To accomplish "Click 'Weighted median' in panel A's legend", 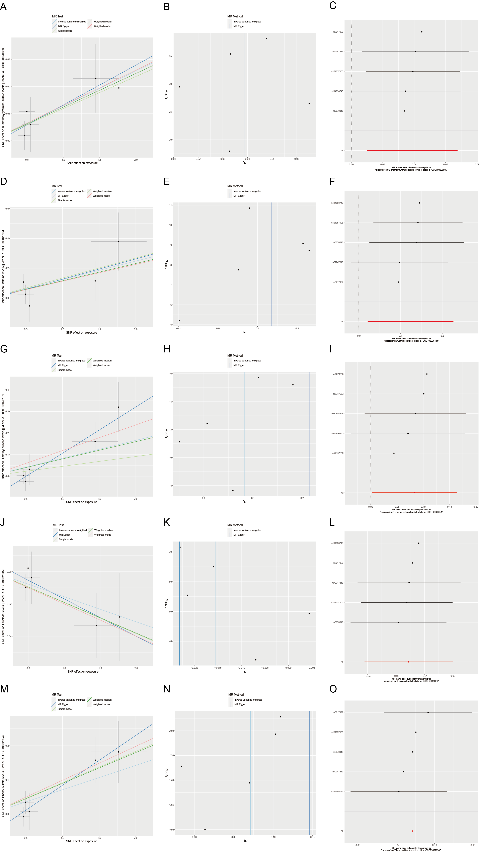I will click(x=103, y=21).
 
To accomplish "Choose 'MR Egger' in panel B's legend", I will click(x=239, y=26).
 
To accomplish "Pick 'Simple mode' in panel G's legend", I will click(x=64, y=370).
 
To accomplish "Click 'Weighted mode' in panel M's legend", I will click(x=101, y=704).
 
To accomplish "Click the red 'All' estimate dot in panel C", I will click(x=412, y=151).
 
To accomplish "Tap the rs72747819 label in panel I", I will click(x=338, y=453).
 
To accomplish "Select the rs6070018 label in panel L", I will click(x=338, y=622).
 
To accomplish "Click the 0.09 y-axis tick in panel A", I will click(x=8, y=60).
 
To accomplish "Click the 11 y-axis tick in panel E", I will click(x=171, y=205).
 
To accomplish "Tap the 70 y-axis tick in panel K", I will click(x=171, y=552).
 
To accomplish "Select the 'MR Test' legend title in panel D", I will click(x=57, y=186).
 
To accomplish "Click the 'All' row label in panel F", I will click(x=342, y=322).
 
